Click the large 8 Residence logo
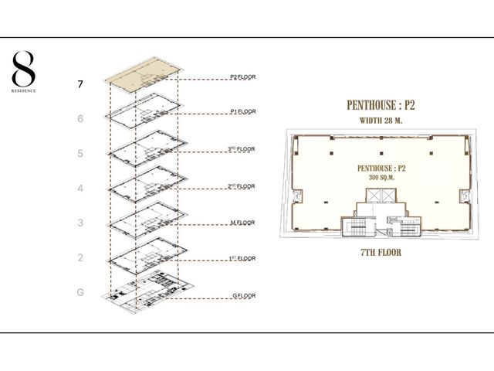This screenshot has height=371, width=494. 24,72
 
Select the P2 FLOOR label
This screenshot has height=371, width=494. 242,77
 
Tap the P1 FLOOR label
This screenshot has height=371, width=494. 242,111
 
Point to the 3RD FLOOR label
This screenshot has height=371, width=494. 242,148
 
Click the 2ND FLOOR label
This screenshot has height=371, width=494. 242,185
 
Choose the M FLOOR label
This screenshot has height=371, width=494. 242,223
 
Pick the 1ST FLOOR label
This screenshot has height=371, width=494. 242,258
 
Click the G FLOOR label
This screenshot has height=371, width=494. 244,295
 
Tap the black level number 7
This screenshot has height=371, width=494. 80,84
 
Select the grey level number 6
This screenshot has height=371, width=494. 80,118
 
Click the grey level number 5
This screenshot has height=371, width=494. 80,153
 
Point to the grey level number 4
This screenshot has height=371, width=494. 80,188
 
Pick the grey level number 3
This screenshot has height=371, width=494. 80,223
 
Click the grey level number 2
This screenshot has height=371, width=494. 80,257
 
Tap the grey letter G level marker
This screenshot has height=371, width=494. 80,292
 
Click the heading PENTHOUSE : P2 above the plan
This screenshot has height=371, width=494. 381,105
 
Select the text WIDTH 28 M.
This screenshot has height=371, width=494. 381,121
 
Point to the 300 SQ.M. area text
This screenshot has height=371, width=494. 381,178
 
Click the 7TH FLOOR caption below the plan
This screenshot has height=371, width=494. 381,253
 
